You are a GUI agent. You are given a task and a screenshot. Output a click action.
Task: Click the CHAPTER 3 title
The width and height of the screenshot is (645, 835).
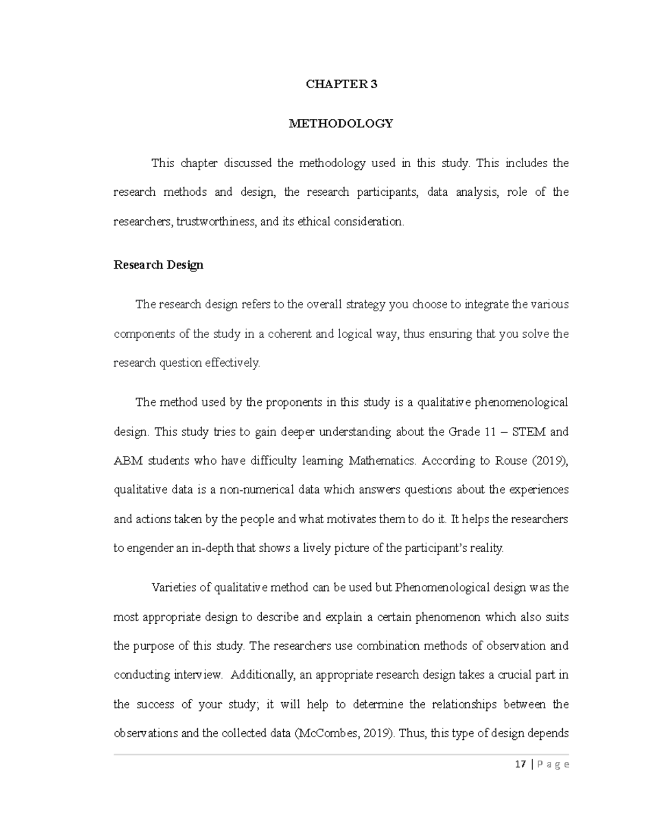click(x=341, y=84)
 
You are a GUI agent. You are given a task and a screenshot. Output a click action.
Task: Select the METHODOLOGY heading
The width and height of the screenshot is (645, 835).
click(x=341, y=124)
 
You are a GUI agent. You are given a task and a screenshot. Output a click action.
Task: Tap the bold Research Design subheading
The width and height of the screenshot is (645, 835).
click(x=159, y=265)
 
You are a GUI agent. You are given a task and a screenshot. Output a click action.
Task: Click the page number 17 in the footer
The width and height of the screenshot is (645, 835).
click(x=520, y=765)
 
